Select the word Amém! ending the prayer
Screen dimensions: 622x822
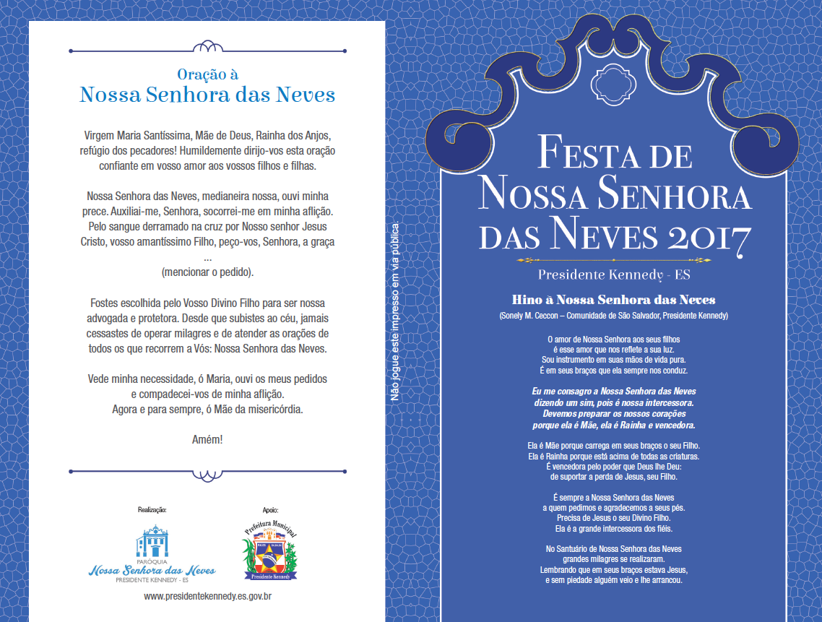click(x=207, y=439)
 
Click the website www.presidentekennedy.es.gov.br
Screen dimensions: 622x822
click(x=207, y=596)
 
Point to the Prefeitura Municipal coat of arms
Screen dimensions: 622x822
click(x=269, y=552)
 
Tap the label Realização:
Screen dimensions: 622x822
click(x=152, y=510)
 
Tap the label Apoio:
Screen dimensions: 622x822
click(x=268, y=510)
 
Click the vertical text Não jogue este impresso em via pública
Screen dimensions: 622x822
click(x=395, y=311)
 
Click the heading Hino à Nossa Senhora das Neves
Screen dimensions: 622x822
click(x=613, y=300)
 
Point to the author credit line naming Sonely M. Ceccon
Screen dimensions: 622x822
click(x=613, y=316)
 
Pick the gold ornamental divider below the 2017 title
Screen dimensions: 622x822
click(x=613, y=259)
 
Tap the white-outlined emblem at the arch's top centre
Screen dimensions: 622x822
click(x=613, y=85)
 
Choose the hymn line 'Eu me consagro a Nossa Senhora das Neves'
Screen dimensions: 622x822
click(x=613, y=391)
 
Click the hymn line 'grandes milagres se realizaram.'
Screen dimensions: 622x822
click(x=613, y=559)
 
